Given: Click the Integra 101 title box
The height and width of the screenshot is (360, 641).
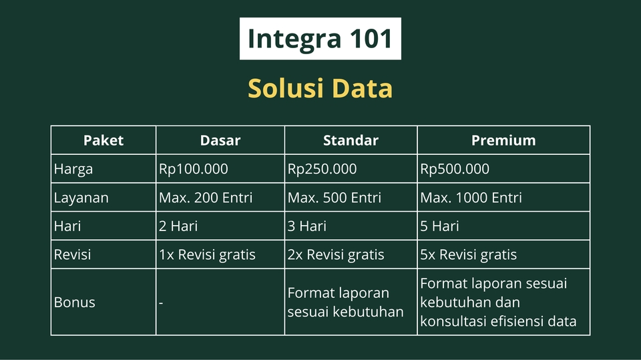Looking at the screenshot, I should tap(320, 39).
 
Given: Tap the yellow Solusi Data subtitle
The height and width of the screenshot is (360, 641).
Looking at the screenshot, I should tap(320, 88).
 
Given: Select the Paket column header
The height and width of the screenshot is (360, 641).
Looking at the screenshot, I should tap(103, 140).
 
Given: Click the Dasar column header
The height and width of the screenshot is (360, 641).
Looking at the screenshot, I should tap(220, 140).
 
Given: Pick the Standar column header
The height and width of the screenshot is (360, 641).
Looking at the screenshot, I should tap(351, 140).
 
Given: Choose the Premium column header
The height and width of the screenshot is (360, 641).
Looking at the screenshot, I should tap(503, 140).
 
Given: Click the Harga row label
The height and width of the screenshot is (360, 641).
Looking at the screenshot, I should tap(73, 169).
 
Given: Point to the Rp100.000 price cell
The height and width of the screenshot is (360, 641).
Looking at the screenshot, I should tap(194, 169).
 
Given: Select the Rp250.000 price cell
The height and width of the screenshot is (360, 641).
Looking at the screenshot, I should tap(322, 169).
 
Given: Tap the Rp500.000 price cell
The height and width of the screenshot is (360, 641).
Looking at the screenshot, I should tap(455, 169).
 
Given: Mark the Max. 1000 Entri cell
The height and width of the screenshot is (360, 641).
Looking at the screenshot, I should tap(471, 198).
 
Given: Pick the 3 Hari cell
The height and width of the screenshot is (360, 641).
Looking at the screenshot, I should tap(307, 226).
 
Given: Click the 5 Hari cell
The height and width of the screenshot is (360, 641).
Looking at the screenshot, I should tap(439, 226).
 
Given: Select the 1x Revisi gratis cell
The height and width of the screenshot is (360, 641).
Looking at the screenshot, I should tap(207, 255).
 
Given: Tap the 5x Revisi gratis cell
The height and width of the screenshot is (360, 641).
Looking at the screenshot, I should tap(468, 255).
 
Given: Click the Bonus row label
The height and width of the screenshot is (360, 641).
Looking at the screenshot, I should tap(75, 303).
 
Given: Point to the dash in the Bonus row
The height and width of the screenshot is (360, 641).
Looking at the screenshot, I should tap(161, 303).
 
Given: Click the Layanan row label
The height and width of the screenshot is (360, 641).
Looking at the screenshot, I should tap(81, 198).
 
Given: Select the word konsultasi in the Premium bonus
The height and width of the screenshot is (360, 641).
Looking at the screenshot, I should tap(453, 321).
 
